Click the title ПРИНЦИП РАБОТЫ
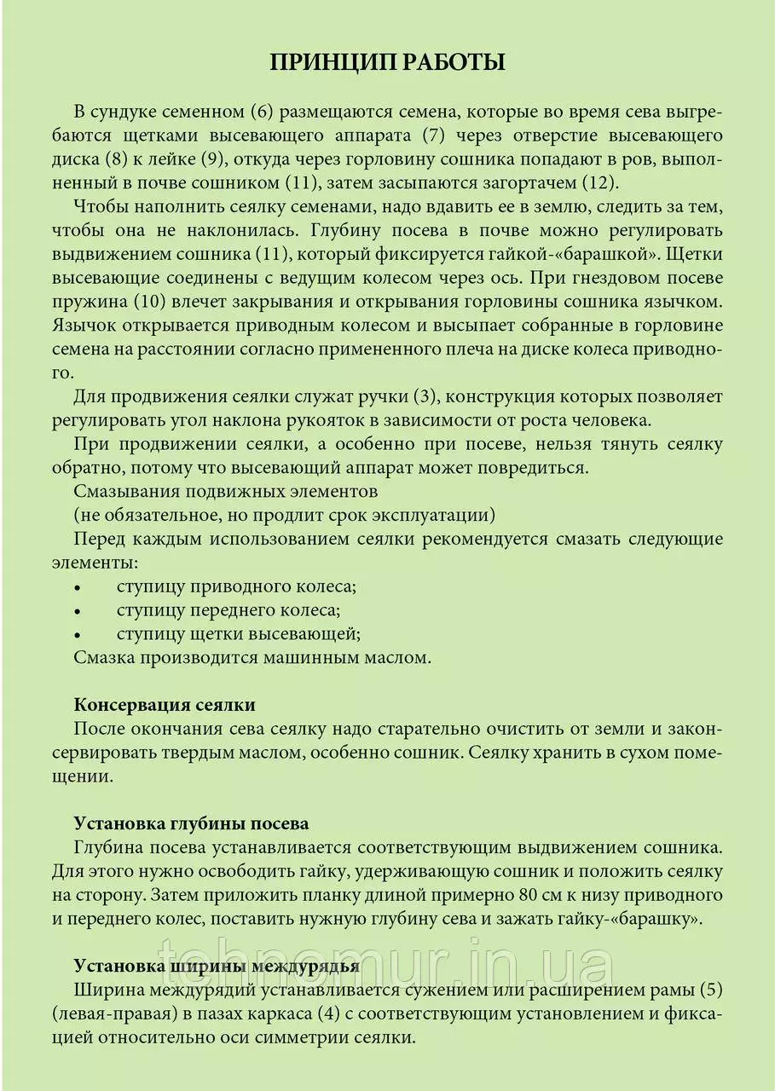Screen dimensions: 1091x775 pyautogui.click(x=388, y=62)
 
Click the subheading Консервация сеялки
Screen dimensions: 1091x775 pyautogui.click(x=165, y=705)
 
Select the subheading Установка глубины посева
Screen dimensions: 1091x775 pyautogui.click(x=191, y=824)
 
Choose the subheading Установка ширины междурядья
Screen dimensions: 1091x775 pyautogui.click(x=216, y=967)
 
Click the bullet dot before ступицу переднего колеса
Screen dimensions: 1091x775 pyautogui.click(x=78, y=611)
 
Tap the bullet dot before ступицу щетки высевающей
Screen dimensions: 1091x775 pyautogui.click(x=78, y=635)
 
